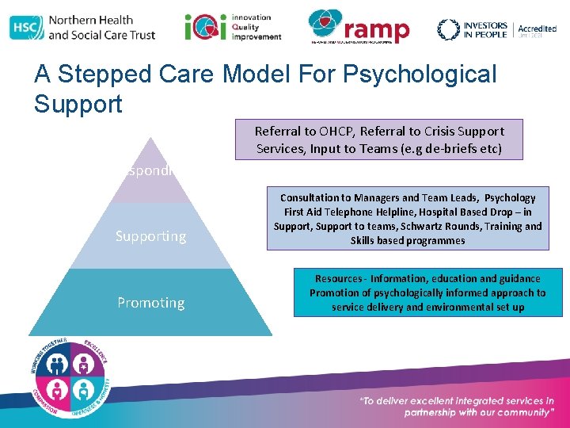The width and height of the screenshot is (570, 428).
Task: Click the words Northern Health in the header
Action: tap(90, 20)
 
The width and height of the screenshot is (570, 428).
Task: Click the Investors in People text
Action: tap(485, 29)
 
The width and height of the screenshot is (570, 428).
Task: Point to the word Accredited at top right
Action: tap(537, 28)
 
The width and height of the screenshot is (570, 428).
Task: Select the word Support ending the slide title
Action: tap(78, 104)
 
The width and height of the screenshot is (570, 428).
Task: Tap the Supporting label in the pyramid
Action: tap(150, 236)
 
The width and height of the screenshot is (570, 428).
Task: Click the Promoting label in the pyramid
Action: tap(150, 303)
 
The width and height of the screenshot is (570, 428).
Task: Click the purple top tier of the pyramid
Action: tap(150, 170)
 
